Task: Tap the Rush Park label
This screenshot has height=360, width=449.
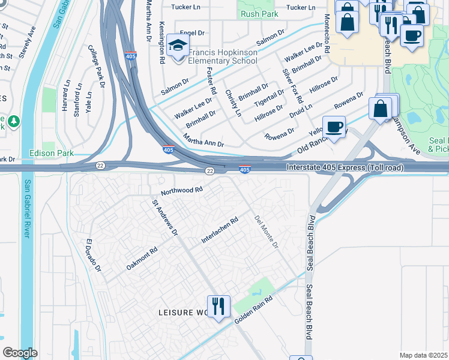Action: click(x=258, y=14)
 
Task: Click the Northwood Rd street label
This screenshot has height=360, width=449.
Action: click(x=181, y=191)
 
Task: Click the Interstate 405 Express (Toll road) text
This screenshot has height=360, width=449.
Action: click(x=345, y=167)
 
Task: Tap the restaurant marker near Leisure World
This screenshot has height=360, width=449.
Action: click(x=218, y=307)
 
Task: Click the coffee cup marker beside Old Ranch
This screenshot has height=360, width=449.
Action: click(x=334, y=127)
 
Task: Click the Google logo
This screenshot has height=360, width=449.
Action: click(x=20, y=353)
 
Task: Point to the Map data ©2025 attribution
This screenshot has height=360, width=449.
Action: click(x=423, y=355)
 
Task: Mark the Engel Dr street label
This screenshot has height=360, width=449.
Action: click(x=193, y=33)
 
